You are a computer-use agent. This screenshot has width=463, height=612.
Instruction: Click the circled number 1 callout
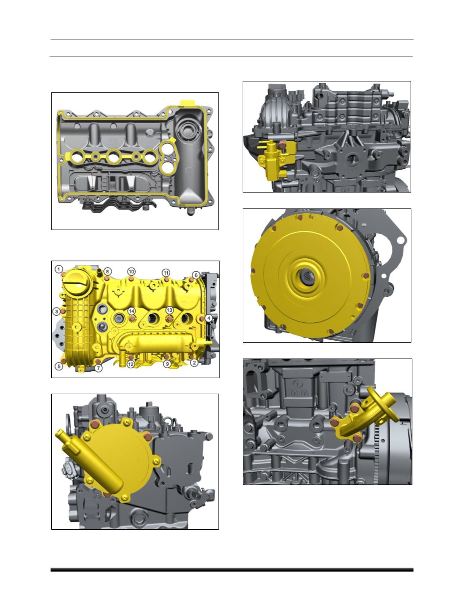(x=59, y=269)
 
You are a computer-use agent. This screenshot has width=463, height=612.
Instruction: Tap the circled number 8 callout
(x=107, y=272)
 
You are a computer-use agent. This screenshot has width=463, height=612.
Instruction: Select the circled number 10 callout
(x=131, y=272)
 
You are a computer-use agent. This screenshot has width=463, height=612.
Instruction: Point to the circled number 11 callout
(x=166, y=272)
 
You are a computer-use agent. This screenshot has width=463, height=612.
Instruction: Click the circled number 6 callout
(x=196, y=275)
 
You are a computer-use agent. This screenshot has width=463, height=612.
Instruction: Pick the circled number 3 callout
(x=56, y=311)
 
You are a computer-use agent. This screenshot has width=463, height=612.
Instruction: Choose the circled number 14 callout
(x=131, y=311)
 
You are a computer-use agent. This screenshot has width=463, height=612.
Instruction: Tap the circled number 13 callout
(x=169, y=310)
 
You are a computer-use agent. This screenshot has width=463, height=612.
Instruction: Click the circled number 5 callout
(x=59, y=367)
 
